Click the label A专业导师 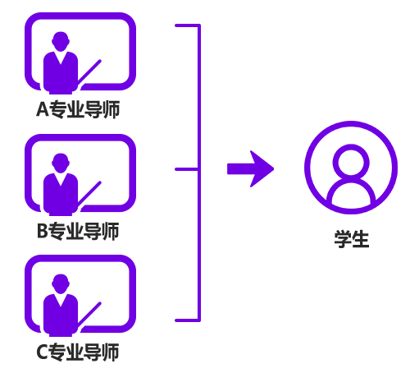[x=78, y=109]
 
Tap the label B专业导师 [x=78, y=231]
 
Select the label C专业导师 [x=78, y=352]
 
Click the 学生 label [x=352, y=239]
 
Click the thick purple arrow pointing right [x=250, y=168]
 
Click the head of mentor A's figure [x=61, y=42]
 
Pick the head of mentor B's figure [x=61, y=163]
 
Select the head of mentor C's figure [x=61, y=284]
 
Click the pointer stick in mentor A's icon [x=89, y=71]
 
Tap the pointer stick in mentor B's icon [x=89, y=193]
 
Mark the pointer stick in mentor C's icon [x=89, y=315]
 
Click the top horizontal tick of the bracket [x=187, y=25]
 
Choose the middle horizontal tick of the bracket [x=186, y=169]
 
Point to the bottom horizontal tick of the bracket [x=187, y=320]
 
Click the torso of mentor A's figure [x=61, y=72]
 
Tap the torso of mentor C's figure [x=61, y=315]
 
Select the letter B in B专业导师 [x=42, y=231]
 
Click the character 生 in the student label [x=361, y=239]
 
